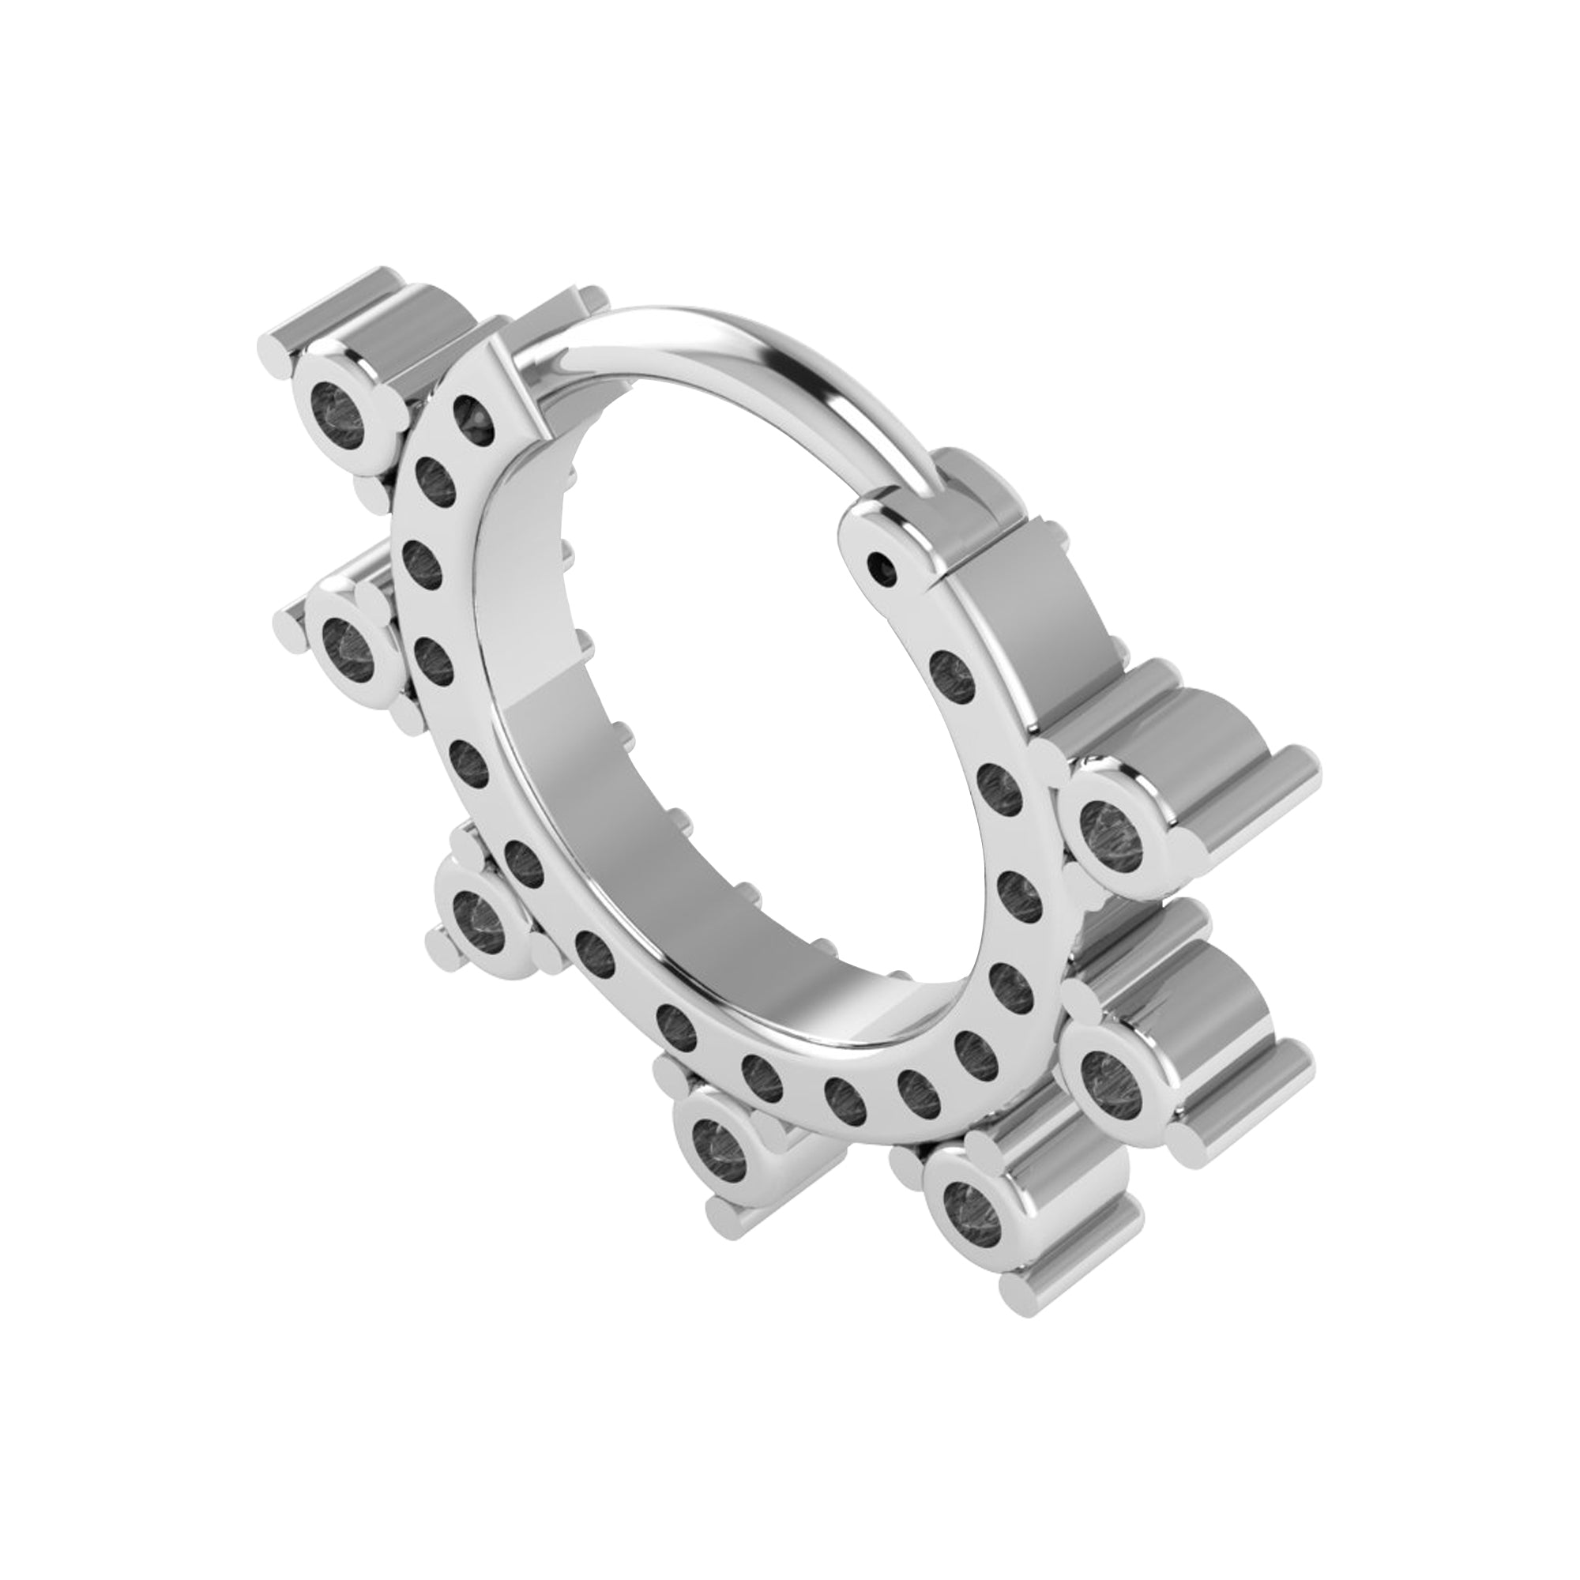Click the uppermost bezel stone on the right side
(x=1112, y=830)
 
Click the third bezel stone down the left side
(x=481, y=916)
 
